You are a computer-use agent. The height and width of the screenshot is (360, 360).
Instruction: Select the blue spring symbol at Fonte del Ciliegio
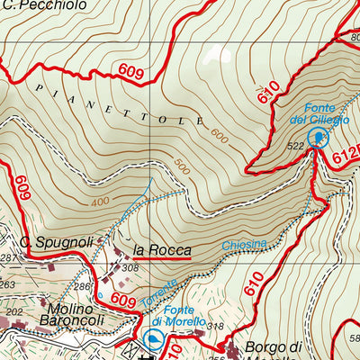(x=318, y=137)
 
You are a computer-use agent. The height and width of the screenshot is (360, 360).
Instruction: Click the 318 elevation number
(x=214, y=326)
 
